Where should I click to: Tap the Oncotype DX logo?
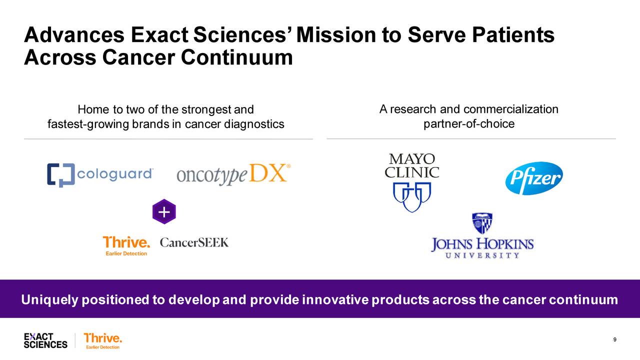click(x=233, y=174)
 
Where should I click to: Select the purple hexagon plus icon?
click(x=164, y=212)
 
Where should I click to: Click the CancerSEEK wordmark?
click(x=194, y=243)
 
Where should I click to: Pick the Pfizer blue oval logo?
click(x=534, y=178)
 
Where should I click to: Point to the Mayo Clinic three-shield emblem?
click(x=412, y=196)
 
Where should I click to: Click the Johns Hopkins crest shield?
click(x=482, y=223)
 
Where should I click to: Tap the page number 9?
click(x=614, y=340)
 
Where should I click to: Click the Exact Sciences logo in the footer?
click(x=45, y=340)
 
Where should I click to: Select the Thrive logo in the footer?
click(x=102, y=340)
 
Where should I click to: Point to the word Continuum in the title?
click(x=237, y=58)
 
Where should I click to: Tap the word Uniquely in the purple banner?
click(x=49, y=300)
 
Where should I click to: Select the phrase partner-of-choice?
click(x=468, y=124)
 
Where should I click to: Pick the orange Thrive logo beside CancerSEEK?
click(x=126, y=245)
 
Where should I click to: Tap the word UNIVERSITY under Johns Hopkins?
click(x=482, y=255)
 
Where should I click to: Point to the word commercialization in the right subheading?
click(x=510, y=109)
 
